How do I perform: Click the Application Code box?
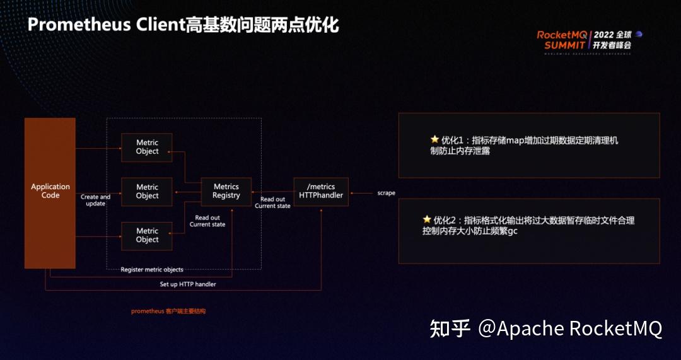point(50,192)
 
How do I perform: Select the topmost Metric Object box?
point(146,147)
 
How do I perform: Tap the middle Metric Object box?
point(146,191)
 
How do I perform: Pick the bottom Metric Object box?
point(146,235)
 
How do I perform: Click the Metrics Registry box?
point(226,191)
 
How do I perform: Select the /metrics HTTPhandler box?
point(321,191)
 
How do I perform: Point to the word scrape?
point(387,193)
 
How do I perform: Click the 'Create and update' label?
point(95,200)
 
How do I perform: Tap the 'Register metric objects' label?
point(152,270)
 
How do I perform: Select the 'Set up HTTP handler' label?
point(188,284)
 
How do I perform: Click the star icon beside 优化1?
point(434,139)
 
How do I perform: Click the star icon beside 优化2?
point(427,219)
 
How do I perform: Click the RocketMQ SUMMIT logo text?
point(561,40)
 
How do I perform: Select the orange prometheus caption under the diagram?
point(168,311)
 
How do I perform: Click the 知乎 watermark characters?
point(450,328)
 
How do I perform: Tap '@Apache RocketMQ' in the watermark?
point(570,328)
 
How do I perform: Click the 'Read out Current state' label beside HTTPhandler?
point(272,202)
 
